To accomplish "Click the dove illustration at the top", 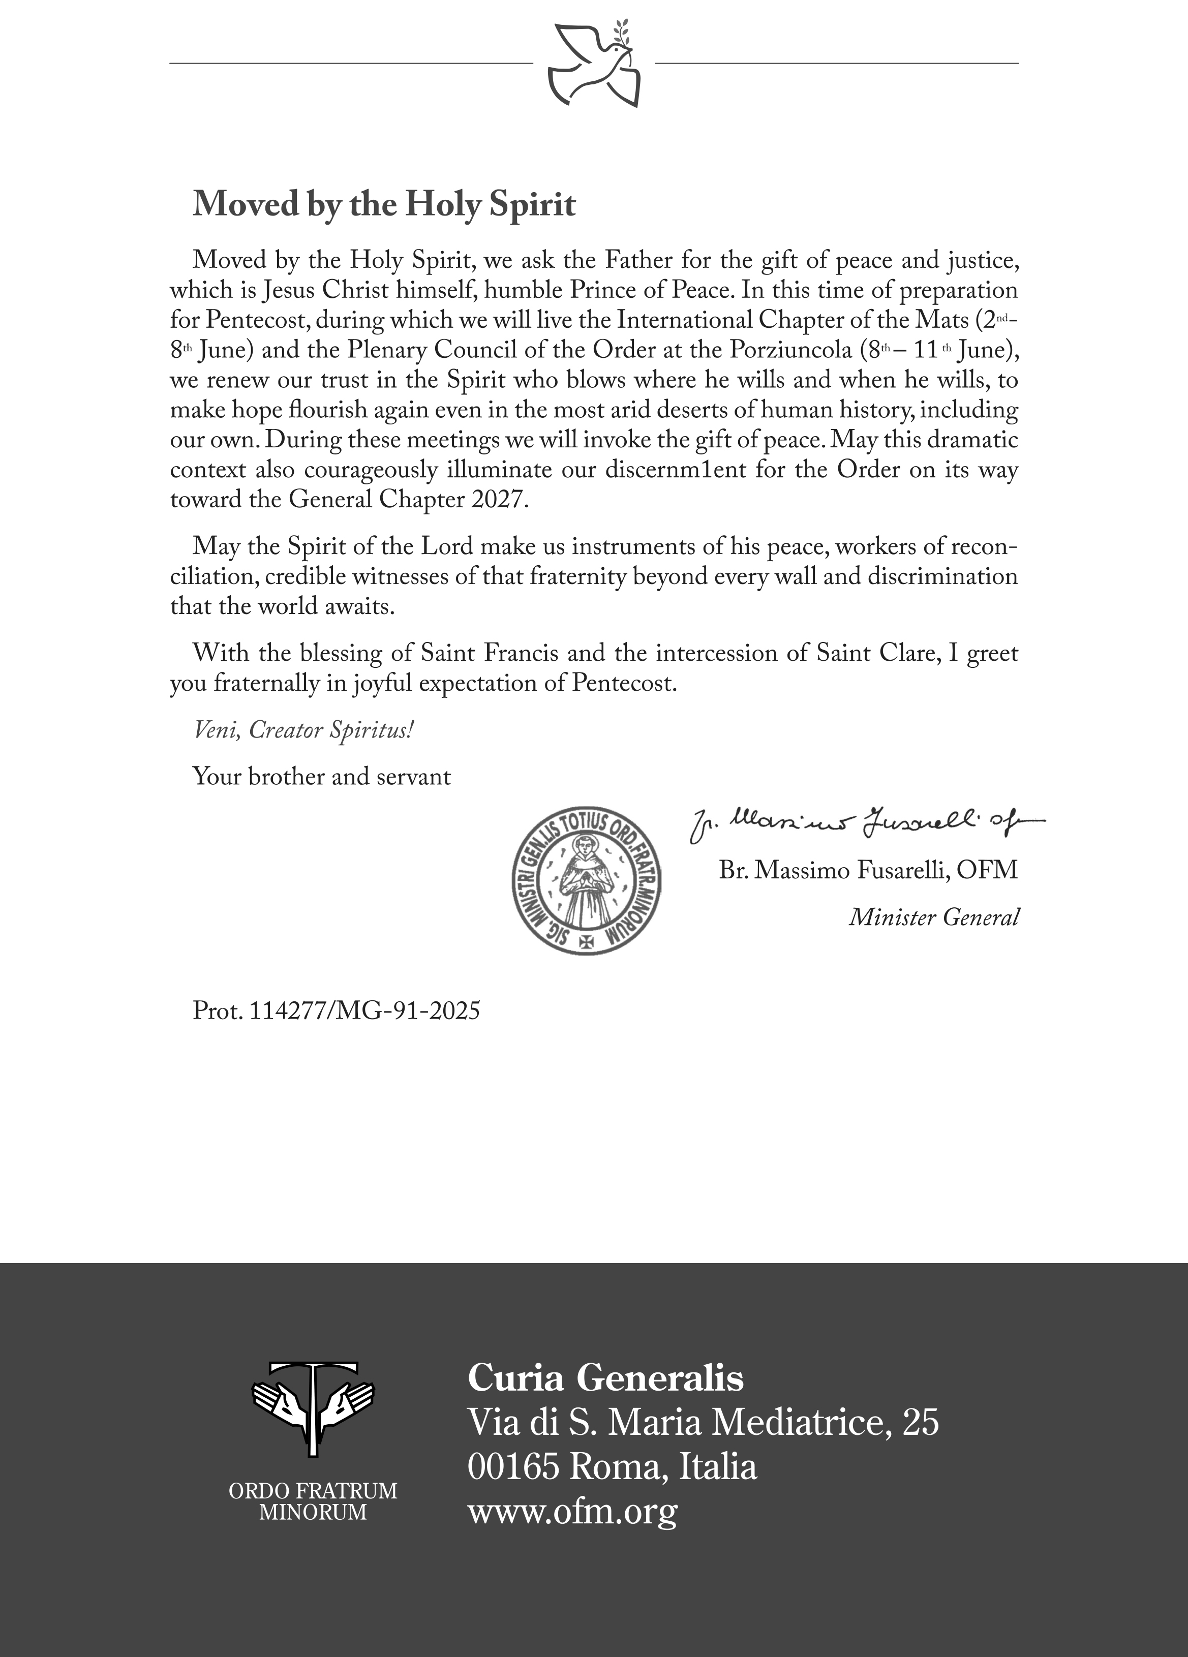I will tap(594, 64).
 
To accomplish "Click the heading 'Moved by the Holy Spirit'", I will tap(384, 204).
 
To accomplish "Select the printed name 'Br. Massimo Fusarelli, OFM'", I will tap(868, 870).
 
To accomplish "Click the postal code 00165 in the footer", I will tap(513, 1467).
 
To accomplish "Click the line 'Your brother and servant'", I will tap(321, 776).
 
